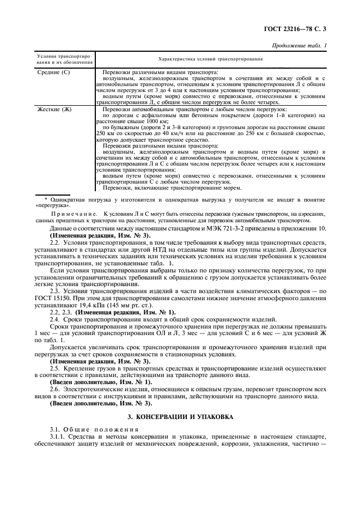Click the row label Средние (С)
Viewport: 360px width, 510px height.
click(53, 72)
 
